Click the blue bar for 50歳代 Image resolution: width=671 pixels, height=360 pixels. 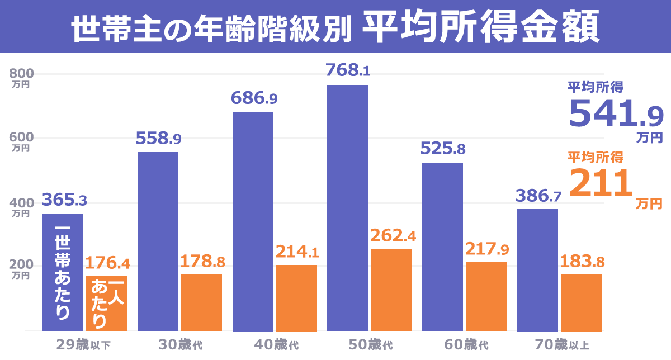coord(347,207)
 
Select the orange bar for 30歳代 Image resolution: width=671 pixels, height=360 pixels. coord(201,302)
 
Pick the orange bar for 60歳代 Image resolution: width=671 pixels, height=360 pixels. coord(486,296)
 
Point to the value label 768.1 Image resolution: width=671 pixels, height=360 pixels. coord(348,71)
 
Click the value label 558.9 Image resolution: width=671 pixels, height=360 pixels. coord(159,139)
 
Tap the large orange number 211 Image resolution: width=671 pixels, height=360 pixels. coord(597,183)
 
